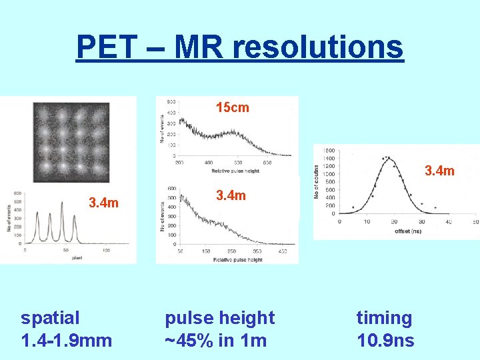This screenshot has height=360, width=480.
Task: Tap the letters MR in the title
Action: pos(194,47)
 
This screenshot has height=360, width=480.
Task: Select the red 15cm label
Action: pos(232,107)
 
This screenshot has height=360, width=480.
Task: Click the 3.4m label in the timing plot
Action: pos(439,171)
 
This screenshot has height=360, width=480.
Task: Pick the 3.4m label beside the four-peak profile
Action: pos(104,202)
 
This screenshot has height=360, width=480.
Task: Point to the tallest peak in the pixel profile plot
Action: pos(62,215)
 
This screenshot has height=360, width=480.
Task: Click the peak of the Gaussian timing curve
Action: pos(388,159)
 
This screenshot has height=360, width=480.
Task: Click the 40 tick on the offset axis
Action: pos(448,221)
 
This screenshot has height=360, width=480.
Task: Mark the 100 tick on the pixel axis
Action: pos(106,251)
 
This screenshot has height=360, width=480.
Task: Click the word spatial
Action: pos(50,318)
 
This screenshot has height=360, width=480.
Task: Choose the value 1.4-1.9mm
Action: pos(66,341)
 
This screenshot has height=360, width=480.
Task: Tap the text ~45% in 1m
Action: pos(215,341)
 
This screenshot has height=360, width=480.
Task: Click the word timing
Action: pos(384,318)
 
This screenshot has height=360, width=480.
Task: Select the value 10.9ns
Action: pos(385,341)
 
